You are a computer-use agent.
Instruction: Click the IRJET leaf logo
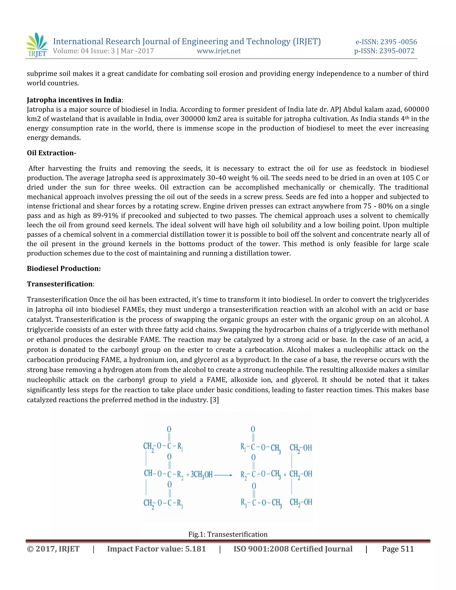(37, 45)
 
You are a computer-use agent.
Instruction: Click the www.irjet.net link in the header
(219, 51)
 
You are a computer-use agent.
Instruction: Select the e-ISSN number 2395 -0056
(399, 42)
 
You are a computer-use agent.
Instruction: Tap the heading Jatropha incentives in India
(74, 100)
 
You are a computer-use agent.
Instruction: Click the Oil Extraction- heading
(51, 153)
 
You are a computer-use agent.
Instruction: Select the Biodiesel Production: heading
(64, 269)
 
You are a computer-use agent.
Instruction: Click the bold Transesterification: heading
(60, 284)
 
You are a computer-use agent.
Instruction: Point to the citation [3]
(214, 400)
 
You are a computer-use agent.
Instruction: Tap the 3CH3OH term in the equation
(202, 475)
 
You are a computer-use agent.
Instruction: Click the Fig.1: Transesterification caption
(228, 534)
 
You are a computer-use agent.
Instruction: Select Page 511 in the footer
(398, 549)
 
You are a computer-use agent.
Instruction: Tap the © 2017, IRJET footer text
(53, 549)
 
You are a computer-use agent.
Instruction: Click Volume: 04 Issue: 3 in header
(84, 51)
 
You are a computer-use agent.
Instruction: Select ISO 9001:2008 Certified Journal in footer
(293, 549)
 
